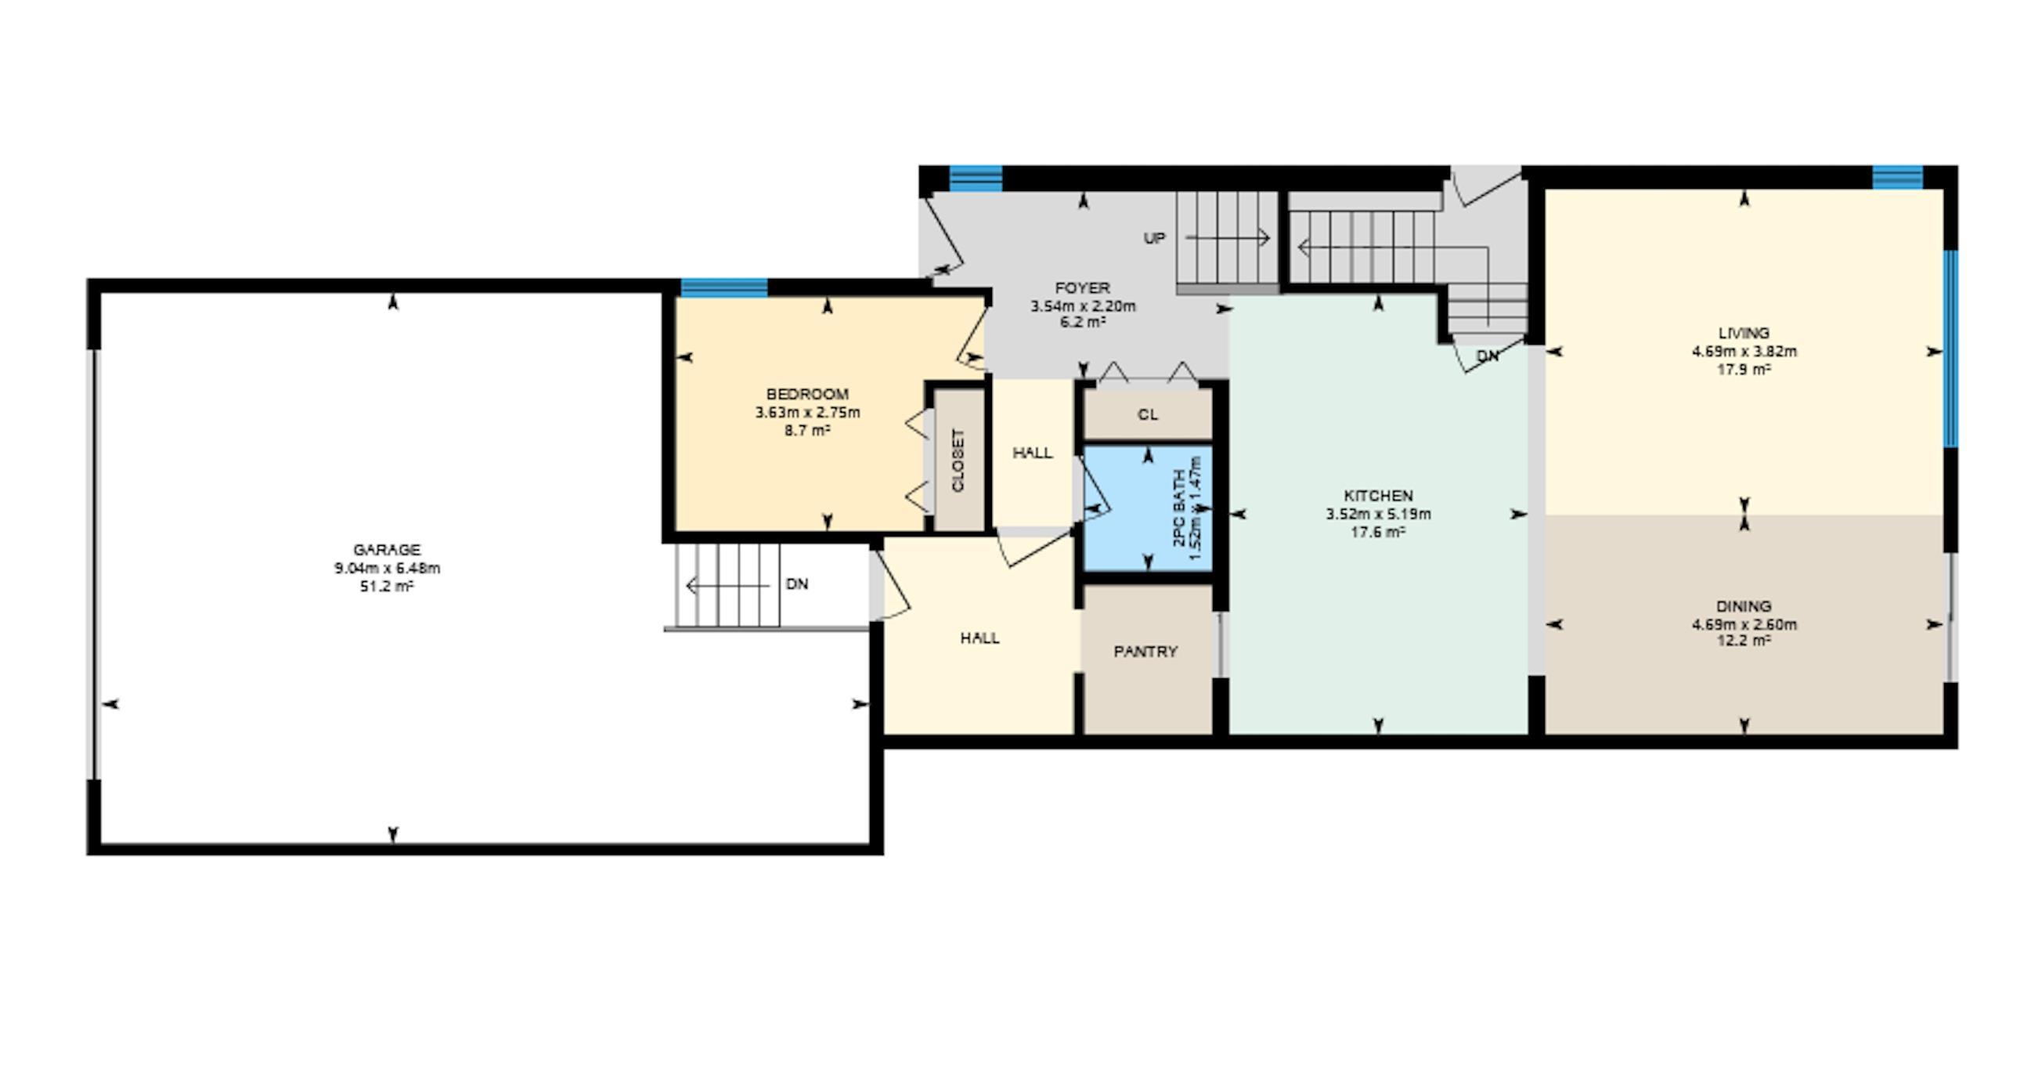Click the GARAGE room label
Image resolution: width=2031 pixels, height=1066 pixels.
[x=386, y=550]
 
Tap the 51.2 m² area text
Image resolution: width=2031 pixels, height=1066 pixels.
[x=386, y=587]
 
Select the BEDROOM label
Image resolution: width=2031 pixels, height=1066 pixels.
[x=807, y=393]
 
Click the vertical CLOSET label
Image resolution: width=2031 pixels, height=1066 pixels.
[x=958, y=461]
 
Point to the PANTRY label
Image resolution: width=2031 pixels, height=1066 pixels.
[x=1145, y=651]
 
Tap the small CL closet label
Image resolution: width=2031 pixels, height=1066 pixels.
[x=1148, y=415]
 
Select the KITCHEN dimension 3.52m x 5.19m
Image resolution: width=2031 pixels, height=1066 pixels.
[x=1378, y=514]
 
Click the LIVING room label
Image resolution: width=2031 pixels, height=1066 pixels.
[x=1744, y=333]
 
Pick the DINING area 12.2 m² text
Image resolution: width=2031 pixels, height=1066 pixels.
[x=1744, y=641]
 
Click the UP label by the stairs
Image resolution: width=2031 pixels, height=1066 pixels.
[x=1154, y=238]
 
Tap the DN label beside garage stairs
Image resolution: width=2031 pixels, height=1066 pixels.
[x=797, y=584]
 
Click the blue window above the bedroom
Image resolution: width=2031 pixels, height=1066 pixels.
[x=723, y=287]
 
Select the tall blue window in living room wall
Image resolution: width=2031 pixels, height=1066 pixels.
[x=1950, y=349]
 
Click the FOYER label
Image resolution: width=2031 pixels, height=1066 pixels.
[x=1083, y=287]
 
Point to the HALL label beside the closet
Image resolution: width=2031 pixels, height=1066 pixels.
[x=1032, y=453]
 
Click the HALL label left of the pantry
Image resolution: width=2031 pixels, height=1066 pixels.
[x=980, y=638]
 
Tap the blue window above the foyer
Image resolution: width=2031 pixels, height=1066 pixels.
[x=976, y=179]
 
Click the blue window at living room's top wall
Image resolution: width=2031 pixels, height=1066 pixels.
[x=1897, y=176]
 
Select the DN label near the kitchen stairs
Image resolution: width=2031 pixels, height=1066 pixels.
[x=1487, y=356]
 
